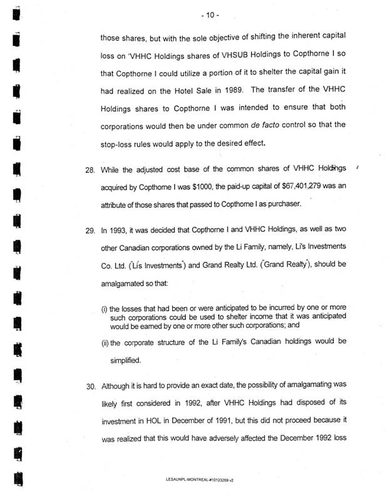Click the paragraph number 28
click(x=90, y=170)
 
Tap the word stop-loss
click(x=118, y=143)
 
